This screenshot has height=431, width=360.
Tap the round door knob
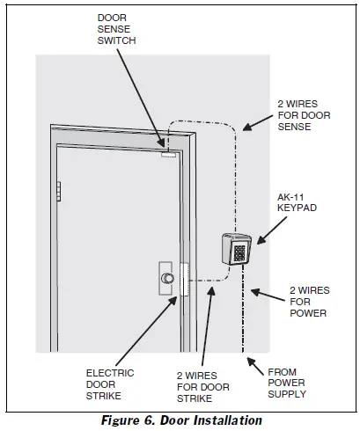pos(165,279)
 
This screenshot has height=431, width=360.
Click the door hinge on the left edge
pos(58,191)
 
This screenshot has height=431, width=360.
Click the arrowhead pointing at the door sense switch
pos(163,143)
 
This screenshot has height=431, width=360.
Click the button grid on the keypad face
pos(239,252)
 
